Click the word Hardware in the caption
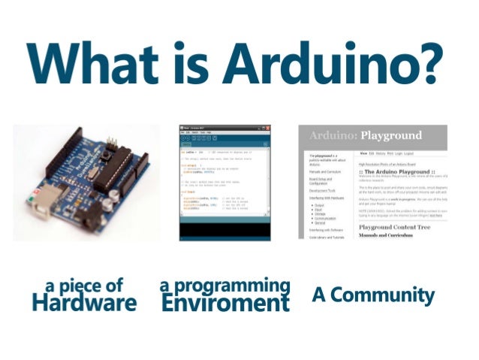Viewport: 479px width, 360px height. point(84,302)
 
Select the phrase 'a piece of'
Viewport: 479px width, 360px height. point(84,286)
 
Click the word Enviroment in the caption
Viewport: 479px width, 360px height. point(225,303)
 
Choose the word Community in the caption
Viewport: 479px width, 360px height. point(382,295)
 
